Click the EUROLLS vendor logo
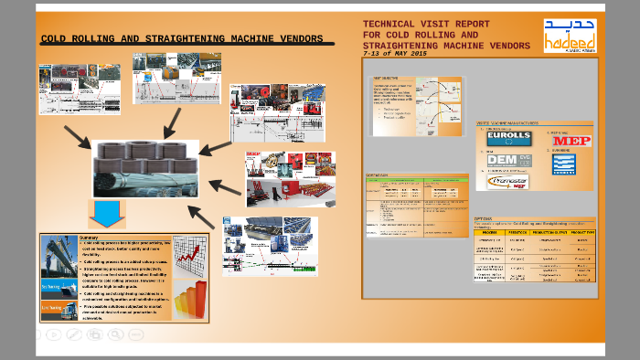pos(508,139)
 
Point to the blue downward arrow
pos(106,213)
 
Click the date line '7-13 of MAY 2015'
pos(394,54)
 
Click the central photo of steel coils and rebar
pos(145,168)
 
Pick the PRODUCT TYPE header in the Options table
pos(581,233)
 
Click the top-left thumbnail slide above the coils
pos(79,89)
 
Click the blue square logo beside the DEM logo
pos(563,164)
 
